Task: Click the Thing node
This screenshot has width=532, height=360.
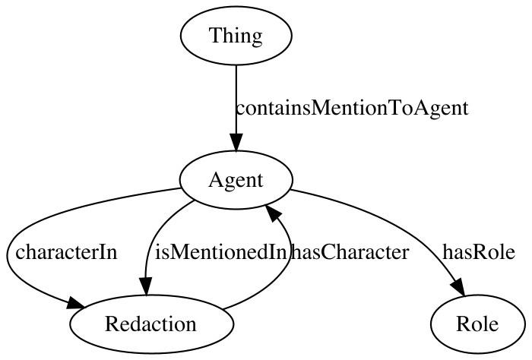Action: coord(236,35)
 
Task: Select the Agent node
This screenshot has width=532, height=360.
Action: coord(236,180)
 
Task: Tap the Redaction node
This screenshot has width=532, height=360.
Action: coord(152,324)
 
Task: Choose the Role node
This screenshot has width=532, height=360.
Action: coord(477,324)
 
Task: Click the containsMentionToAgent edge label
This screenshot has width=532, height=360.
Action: coord(352,108)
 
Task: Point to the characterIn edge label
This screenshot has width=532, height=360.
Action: coord(66,253)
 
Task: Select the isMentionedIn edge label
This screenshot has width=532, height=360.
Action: coord(221,253)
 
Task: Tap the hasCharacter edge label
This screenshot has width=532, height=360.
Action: coord(350,253)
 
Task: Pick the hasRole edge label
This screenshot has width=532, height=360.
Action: coord(479,253)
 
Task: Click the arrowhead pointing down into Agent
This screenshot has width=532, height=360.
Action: coord(236,142)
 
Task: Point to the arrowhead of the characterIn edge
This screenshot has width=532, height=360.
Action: coord(75,303)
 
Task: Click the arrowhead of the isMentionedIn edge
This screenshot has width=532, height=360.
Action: coord(146,286)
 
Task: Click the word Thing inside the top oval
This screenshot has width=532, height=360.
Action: coord(236,35)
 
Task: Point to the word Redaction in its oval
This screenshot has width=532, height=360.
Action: coord(150,324)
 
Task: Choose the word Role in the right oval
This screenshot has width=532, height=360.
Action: coord(477,324)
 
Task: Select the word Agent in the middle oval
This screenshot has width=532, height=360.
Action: coord(236,180)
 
